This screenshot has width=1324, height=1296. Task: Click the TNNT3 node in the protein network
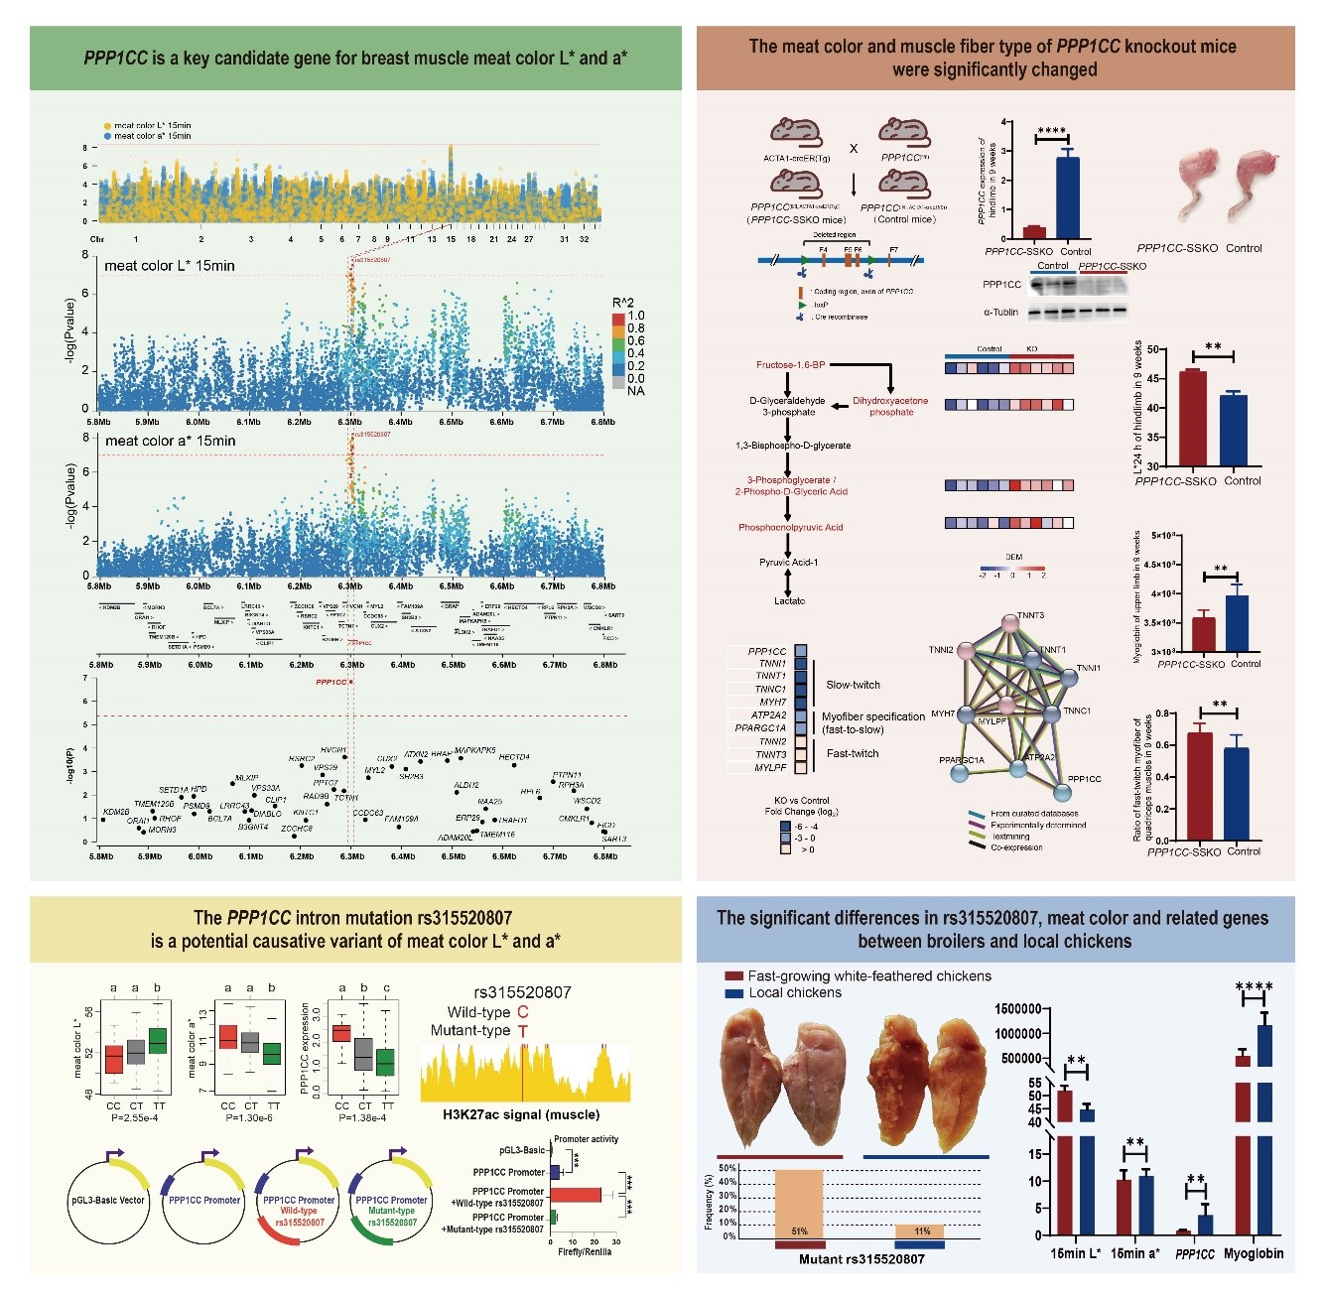click(1009, 624)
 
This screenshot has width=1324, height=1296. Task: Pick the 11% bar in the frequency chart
click(919, 1231)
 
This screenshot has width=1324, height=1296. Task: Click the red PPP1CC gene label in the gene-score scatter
click(331, 682)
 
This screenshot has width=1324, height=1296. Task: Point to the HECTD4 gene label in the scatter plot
click(513, 757)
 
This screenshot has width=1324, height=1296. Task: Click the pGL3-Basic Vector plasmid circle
click(107, 1201)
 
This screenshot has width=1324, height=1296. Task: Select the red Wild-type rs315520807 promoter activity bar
click(576, 1194)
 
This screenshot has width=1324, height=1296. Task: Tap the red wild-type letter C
click(523, 1012)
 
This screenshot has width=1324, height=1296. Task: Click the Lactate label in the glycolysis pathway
click(790, 601)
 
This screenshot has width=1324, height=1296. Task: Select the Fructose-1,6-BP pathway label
click(790, 365)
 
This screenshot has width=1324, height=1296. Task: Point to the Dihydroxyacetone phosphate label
click(890, 406)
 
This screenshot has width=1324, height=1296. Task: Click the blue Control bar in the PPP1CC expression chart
click(1067, 197)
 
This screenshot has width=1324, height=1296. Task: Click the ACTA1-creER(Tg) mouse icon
click(796, 131)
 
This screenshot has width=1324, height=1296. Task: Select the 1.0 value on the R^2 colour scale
click(635, 316)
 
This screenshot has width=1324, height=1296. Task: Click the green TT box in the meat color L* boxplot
click(158, 1041)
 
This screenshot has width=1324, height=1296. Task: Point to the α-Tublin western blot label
click(1000, 312)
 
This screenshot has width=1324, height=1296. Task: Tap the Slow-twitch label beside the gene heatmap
click(853, 685)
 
